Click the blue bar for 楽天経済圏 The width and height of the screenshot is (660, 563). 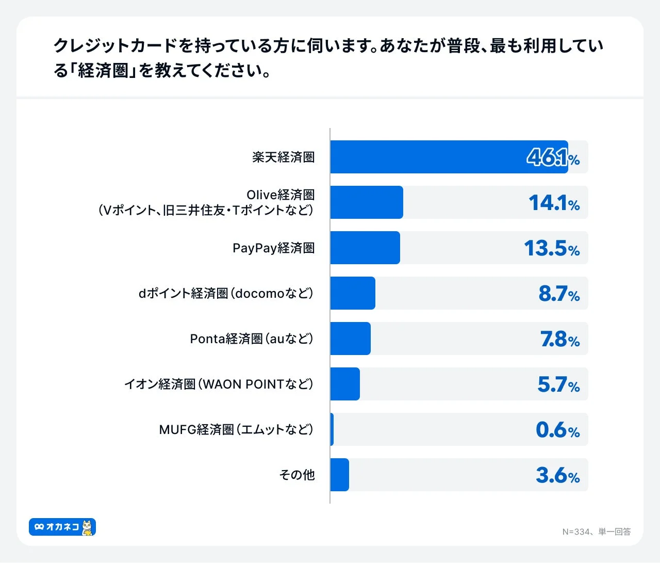coord(449,157)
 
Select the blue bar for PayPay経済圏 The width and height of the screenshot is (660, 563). coord(365,248)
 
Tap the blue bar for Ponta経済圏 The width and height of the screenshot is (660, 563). coord(350,339)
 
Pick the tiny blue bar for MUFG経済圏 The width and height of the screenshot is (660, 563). coord(332,429)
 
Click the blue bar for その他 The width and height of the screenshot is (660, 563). coord(339,475)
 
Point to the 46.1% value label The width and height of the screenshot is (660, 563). coord(553,157)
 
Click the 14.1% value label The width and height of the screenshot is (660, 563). coord(554,203)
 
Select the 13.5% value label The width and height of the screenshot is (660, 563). coord(552,248)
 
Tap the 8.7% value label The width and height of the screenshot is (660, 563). coord(559,294)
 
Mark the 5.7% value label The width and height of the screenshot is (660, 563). coord(558,384)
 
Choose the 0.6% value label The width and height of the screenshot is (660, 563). coord(557,430)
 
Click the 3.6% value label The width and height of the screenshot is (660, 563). coord(557,475)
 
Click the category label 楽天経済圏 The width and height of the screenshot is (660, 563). coord(283,157)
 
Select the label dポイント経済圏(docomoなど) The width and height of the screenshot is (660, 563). coord(226,294)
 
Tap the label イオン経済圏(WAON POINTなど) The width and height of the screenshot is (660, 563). coord(219,384)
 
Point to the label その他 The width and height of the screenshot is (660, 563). coord(296,475)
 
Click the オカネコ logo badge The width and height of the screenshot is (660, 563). coord(62,527)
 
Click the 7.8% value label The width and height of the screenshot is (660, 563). coord(559,339)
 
